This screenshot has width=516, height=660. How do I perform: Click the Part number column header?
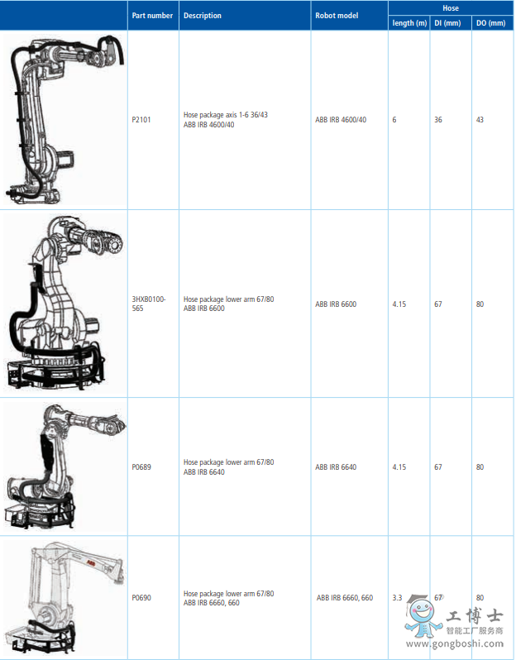click(152, 16)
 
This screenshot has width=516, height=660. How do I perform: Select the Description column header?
click(203, 16)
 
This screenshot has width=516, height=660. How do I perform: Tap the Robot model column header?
click(337, 16)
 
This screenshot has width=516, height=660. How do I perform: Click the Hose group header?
click(451, 8)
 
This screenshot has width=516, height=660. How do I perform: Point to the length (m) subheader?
click(409, 23)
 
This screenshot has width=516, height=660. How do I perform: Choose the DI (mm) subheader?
click(447, 23)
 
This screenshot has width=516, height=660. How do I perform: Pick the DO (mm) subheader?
click(490, 23)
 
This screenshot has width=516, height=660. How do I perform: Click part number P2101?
click(141, 120)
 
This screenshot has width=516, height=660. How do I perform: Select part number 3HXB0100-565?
click(149, 304)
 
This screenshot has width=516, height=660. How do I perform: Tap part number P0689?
click(141, 467)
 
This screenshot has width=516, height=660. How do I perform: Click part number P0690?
click(141, 598)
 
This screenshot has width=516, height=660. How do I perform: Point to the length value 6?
click(394, 120)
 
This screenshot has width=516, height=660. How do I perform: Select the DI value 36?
click(438, 120)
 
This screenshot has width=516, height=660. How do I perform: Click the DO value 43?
click(480, 120)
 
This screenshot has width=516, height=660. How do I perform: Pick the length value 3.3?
click(397, 598)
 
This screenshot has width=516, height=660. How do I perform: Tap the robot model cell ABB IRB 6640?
click(336, 467)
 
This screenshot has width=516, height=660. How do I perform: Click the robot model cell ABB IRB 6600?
click(336, 304)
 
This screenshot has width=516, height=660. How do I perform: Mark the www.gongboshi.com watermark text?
click(455, 644)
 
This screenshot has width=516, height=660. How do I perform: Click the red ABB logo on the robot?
click(90, 562)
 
